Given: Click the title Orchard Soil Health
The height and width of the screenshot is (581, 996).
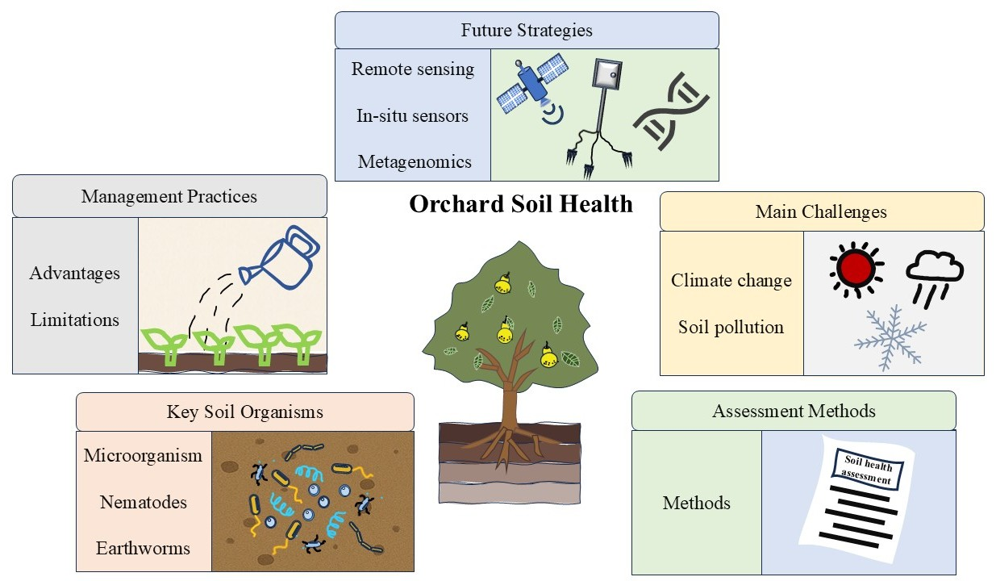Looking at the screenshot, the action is (x=521, y=203).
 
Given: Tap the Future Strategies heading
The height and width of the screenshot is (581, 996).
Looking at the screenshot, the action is (x=527, y=31).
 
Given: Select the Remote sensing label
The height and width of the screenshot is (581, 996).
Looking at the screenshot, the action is (x=413, y=69).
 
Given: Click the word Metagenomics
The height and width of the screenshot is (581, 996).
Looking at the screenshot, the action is (x=415, y=161).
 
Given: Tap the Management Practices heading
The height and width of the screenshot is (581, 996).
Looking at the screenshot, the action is (x=169, y=195).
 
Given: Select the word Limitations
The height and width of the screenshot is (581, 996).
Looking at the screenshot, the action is (x=75, y=320).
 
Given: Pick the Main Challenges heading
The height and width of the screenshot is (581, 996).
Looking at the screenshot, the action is (x=821, y=211).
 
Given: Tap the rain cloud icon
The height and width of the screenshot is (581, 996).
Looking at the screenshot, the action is (x=934, y=274).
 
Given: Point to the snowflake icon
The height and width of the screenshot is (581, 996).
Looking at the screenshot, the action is (x=890, y=339).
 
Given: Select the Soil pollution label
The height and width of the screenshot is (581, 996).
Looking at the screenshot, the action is (x=731, y=327).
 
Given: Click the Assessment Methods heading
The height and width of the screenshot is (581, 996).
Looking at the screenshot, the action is (x=794, y=411).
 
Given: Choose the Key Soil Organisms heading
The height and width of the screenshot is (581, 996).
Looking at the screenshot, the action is (x=245, y=412).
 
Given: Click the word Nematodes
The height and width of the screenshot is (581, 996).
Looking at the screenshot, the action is (x=144, y=502).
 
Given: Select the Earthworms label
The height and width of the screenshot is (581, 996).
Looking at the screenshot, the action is (x=144, y=548).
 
